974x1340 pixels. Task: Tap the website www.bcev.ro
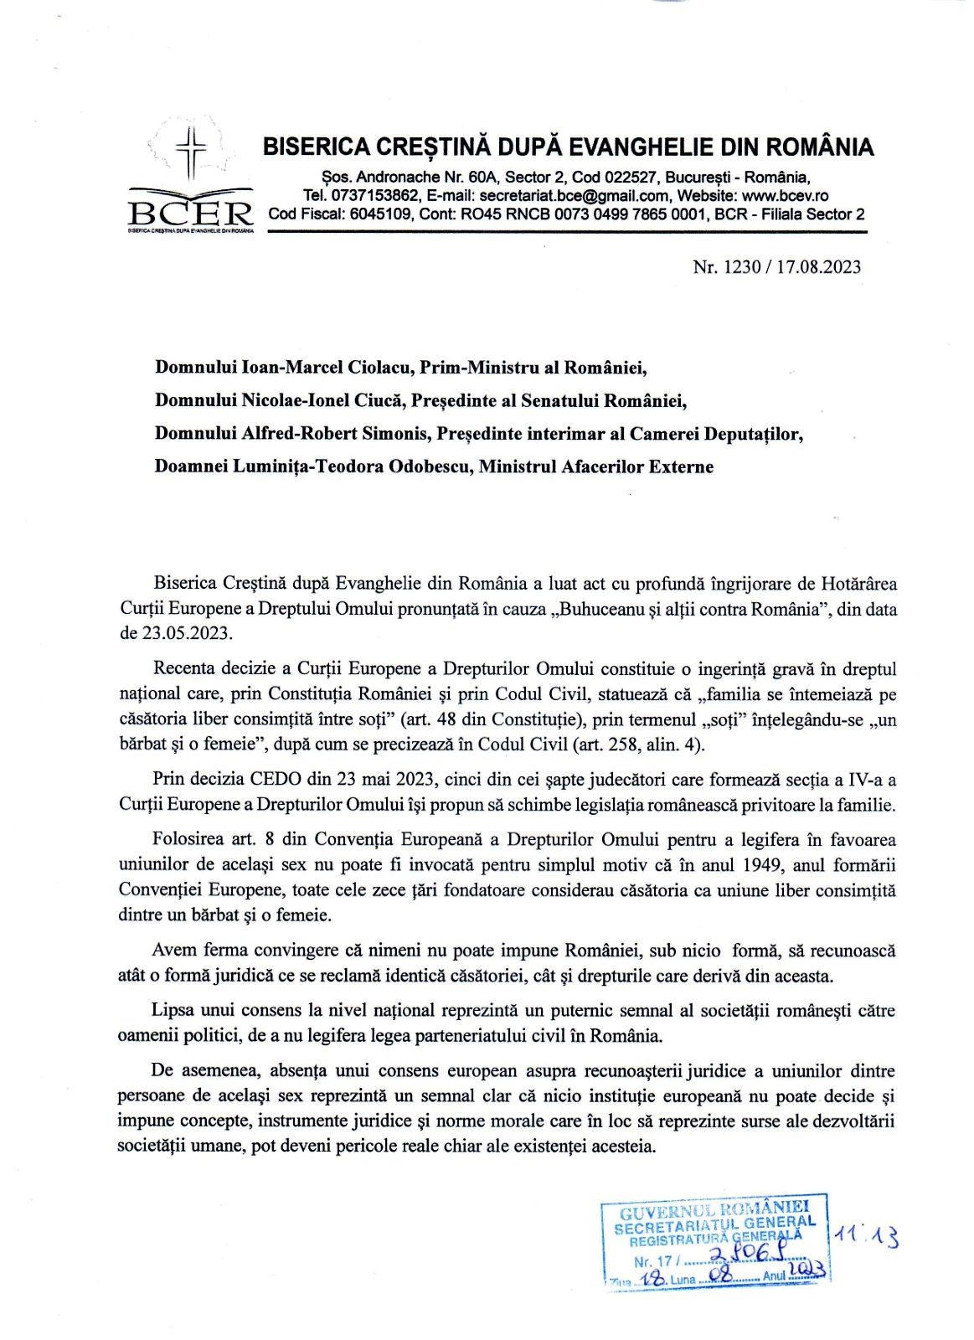pos(785,196)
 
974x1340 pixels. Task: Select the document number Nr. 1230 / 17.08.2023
pos(776,267)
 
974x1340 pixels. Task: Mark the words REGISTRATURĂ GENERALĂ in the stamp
pos(715,1238)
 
